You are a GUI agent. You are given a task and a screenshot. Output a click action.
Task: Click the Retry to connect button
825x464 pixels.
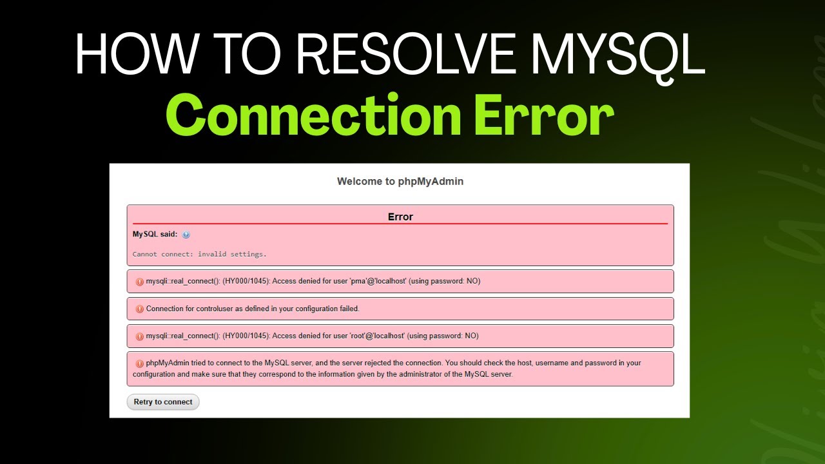163,402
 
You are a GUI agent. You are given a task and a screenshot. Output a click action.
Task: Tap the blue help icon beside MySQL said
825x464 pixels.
186,235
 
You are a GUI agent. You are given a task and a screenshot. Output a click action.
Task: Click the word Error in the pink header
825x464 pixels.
400,217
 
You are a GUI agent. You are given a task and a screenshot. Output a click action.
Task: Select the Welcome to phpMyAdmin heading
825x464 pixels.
400,182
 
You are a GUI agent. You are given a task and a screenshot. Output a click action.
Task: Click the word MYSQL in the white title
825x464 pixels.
618,53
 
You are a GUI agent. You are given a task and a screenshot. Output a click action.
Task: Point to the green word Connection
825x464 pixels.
313,115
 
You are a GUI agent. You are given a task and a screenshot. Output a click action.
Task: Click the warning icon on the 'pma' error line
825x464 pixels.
140,282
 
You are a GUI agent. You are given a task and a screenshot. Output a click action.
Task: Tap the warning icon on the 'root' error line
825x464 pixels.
140,336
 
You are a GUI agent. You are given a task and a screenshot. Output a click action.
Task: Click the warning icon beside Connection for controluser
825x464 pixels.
140,309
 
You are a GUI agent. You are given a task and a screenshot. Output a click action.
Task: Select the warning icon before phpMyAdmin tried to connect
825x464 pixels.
140,363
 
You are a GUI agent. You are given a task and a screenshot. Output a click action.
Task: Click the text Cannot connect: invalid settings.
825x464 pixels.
200,255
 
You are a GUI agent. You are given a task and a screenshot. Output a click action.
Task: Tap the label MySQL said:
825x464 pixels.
155,235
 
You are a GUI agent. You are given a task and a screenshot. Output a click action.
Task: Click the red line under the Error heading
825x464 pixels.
400,224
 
